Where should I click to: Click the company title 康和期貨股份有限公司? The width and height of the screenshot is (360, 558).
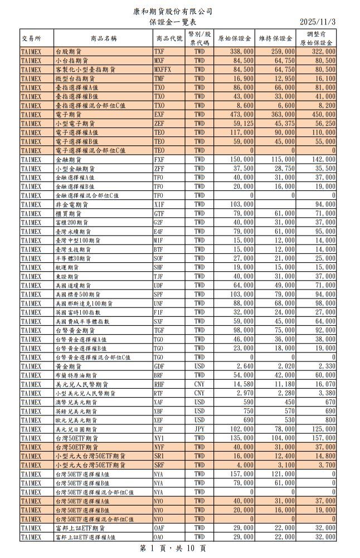pyautogui.click(x=173, y=11)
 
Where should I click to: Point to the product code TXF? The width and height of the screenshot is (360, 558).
pyautogui.click(x=159, y=51)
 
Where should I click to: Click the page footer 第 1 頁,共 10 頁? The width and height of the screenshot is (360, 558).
pyautogui.click(x=173, y=549)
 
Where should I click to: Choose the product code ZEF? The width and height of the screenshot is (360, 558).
pyautogui.click(x=159, y=123)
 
